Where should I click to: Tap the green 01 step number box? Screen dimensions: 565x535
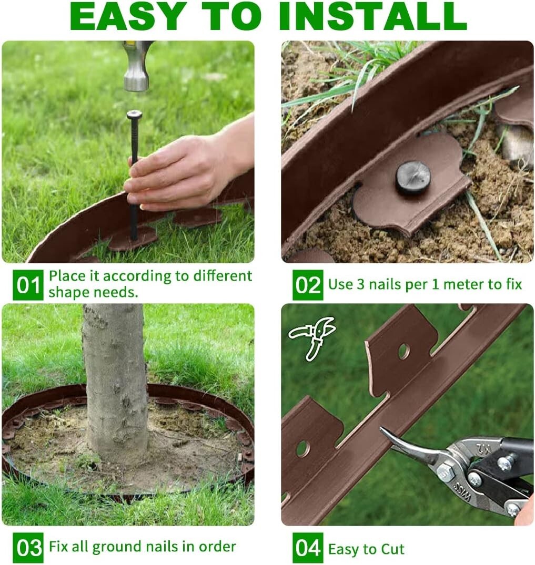(28, 285)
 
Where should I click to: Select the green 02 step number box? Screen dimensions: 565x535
(308, 285)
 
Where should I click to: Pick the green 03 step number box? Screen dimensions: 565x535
(28, 548)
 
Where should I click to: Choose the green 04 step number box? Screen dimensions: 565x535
(308, 548)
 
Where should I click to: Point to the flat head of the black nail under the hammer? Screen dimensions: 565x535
(134, 114)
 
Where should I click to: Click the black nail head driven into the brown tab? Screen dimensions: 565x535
(413, 177)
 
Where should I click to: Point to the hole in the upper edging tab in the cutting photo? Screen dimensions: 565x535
(403, 351)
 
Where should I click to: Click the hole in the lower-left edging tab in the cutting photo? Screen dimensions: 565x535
(302, 448)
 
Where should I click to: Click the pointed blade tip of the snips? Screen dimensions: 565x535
(384, 432)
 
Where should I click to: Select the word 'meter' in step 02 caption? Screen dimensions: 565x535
(458, 285)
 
